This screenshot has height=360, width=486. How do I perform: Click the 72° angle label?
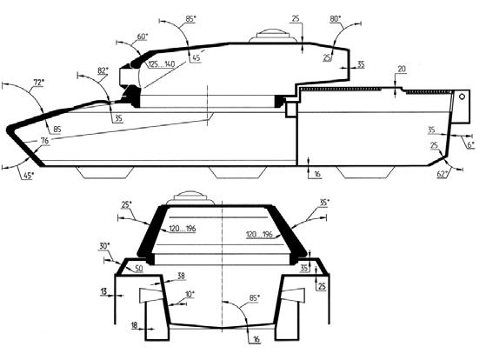39,83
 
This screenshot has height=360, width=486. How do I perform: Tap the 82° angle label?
103,70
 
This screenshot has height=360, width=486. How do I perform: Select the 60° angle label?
143,37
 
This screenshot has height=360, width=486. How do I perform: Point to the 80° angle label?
335,19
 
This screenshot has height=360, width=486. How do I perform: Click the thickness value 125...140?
162,64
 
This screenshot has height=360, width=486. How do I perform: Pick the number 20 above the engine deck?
402,69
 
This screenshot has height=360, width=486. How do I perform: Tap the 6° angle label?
471,144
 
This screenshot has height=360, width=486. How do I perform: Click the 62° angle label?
443,174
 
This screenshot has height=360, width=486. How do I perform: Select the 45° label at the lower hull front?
28,176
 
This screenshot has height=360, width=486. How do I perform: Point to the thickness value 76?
44,141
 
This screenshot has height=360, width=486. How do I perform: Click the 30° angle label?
104,246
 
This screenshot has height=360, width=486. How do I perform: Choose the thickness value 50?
138,269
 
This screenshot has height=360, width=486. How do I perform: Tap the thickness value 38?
182,276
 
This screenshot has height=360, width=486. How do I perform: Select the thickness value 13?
103,291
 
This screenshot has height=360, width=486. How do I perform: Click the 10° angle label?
190,294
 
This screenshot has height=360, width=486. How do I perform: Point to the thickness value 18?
134,325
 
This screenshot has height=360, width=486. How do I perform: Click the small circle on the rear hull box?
462,97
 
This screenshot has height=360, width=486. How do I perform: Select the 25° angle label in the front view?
126,204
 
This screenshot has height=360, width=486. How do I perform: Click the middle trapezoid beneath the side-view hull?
237,172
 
